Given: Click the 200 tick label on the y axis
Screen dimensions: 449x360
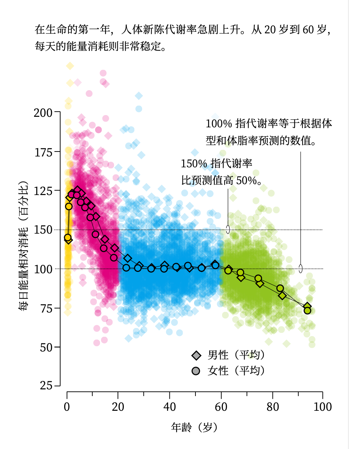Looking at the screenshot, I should pos(43,113).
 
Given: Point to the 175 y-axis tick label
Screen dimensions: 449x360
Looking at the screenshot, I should pos(43,152).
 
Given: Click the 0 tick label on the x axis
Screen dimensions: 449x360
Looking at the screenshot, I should pos(67,407).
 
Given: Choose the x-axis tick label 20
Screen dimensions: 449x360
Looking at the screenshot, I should pos(118,407).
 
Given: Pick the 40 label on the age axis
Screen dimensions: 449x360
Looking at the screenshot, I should pos(169,407).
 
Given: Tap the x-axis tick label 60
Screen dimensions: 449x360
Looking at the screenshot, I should pos(221,407).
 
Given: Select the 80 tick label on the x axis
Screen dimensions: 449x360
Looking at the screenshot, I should pos(273,407).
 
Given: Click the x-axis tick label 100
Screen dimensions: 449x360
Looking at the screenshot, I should pos(322,407).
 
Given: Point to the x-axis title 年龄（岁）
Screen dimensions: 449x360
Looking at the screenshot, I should pos(195,427).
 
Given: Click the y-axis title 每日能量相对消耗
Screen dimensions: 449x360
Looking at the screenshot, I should pos(23,246).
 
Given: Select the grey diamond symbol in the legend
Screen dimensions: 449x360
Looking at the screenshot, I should pos(196,355).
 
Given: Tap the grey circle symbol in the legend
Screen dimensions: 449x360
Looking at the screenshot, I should pos(196,371).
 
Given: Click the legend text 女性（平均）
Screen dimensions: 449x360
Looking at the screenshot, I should pos(236,371).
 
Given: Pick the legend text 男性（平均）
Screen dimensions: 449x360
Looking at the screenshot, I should pos(236,355).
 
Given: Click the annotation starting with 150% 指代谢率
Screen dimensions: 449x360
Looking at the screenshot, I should pos(221,172).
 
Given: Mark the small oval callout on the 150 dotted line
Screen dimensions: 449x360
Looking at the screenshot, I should pos(228,229).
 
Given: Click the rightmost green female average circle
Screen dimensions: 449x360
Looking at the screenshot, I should pos(307,310).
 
